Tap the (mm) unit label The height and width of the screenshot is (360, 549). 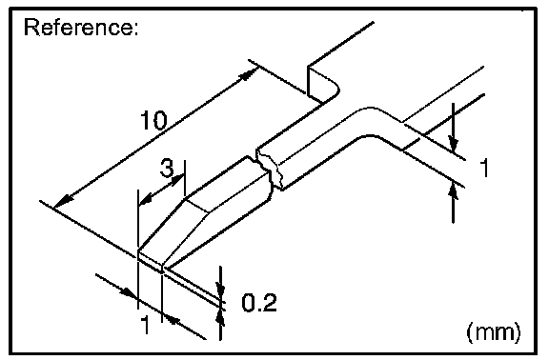494,331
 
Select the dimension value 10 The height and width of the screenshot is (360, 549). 153,120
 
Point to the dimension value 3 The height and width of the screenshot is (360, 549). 167,168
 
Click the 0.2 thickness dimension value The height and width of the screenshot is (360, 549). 259,302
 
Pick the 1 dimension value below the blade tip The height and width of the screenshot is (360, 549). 145,325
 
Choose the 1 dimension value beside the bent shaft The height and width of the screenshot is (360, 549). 484,168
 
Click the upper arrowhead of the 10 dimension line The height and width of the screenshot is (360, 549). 249,73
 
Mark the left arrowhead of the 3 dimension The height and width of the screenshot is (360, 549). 146,200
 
